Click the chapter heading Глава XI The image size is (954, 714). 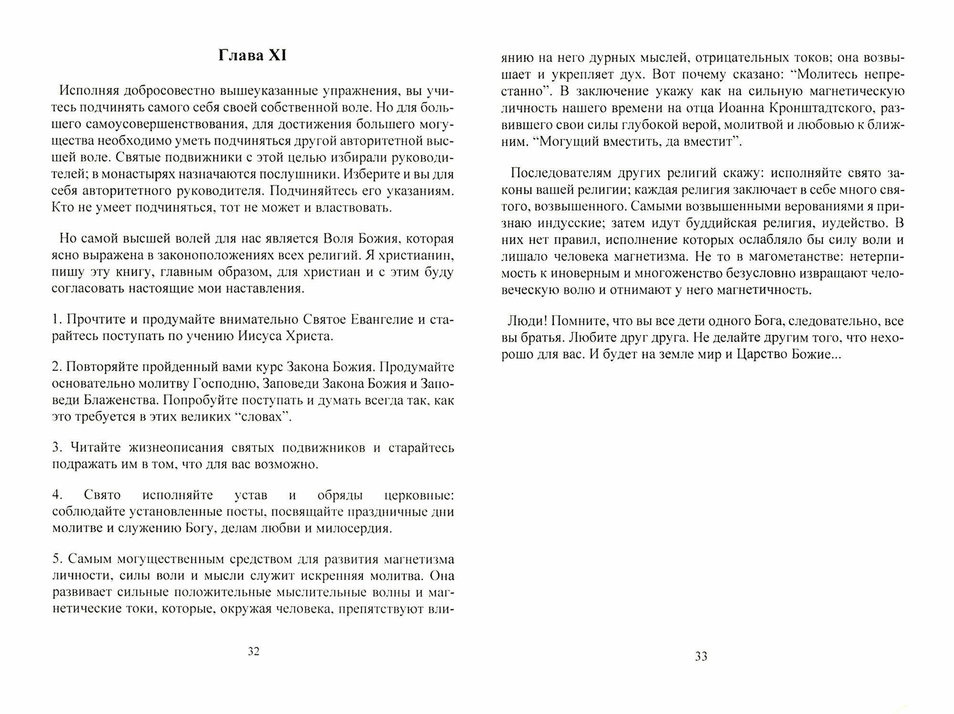252,56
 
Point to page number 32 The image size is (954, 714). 253,652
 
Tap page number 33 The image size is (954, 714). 701,657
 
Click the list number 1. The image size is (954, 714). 56,319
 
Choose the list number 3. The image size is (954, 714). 56,448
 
